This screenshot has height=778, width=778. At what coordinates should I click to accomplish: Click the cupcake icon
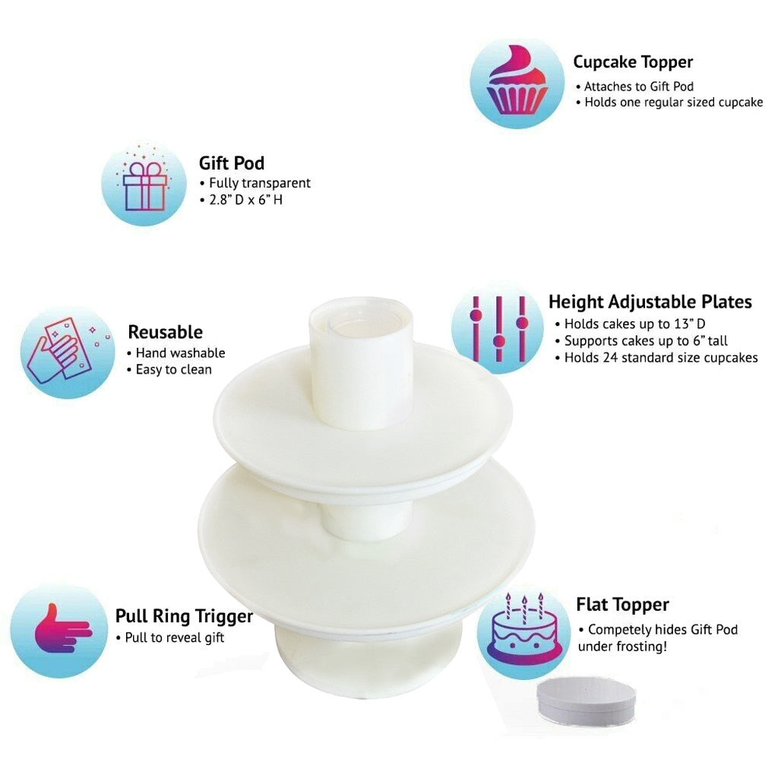(x=517, y=81)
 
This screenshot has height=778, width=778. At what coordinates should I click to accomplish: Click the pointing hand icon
(x=63, y=628)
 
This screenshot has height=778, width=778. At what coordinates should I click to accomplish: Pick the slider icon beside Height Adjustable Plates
(x=498, y=329)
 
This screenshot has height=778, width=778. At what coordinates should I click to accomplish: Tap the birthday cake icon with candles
(x=524, y=628)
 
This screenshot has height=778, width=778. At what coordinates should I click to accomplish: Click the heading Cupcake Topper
(x=633, y=62)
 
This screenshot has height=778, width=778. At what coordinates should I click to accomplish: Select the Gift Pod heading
(x=231, y=163)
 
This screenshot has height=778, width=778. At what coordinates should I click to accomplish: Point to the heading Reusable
(x=165, y=332)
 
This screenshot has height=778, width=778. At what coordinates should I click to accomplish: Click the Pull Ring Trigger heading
(x=184, y=616)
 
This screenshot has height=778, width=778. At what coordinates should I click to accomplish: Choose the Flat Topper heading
(x=622, y=605)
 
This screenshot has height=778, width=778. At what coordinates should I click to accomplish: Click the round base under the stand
(x=368, y=663)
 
